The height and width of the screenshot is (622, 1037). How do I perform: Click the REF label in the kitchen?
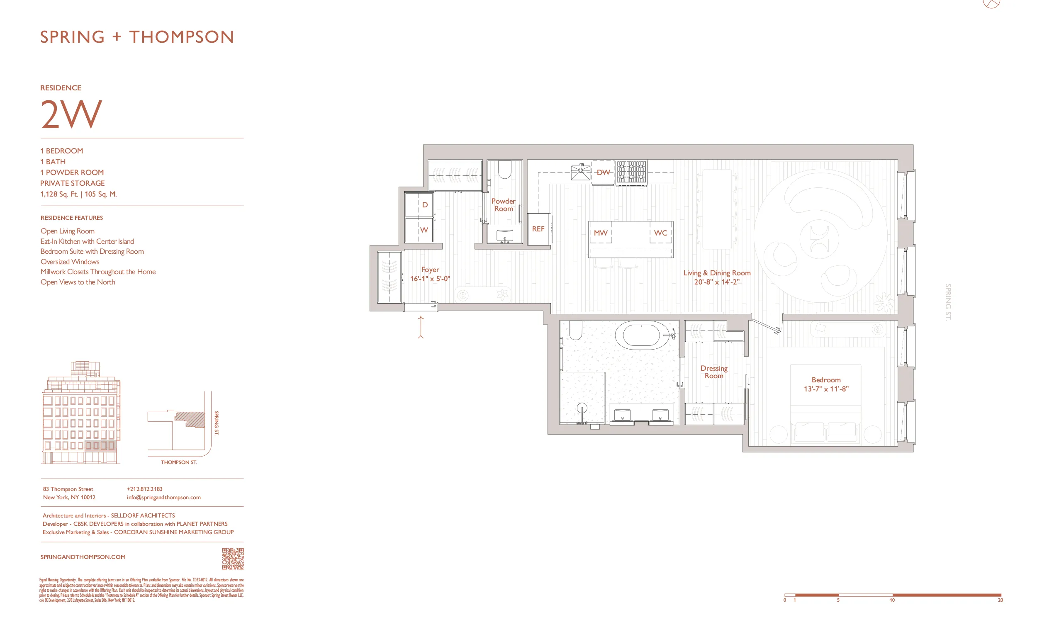[x=538, y=229]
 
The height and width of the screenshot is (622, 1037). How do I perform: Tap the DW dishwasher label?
[x=603, y=172]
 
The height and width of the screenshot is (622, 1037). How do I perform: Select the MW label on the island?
[x=600, y=233]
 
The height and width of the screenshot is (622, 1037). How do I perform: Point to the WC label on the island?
[x=660, y=233]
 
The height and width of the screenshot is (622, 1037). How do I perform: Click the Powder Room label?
[x=503, y=205]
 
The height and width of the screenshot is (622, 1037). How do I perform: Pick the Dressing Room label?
[x=713, y=372]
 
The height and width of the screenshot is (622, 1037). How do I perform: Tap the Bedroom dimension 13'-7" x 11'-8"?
[x=826, y=389]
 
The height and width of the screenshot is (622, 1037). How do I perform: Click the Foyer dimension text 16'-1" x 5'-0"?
[x=430, y=279]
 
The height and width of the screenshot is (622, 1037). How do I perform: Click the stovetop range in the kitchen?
[x=631, y=172]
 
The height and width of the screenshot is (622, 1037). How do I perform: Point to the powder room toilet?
[x=504, y=170]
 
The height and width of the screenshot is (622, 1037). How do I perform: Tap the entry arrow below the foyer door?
[x=421, y=327]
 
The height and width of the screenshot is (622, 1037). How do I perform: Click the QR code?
[x=233, y=558]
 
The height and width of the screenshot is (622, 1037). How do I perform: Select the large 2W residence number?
[x=71, y=114]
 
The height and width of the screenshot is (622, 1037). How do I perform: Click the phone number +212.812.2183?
[x=144, y=489]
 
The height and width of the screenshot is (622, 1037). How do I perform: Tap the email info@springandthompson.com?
[x=163, y=497]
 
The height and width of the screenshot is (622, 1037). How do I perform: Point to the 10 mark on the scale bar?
[x=892, y=600]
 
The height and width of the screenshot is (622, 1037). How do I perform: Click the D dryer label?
[x=425, y=204]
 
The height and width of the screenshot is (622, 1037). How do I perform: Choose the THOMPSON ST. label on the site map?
[x=178, y=462]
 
